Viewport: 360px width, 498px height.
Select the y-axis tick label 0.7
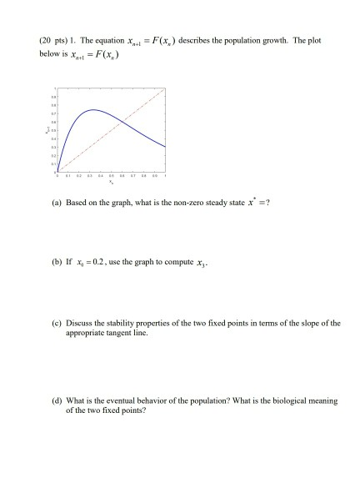pyautogui.click(x=50, y=113)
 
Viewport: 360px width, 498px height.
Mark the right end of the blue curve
pyautogui.click(x=164, y=147)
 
